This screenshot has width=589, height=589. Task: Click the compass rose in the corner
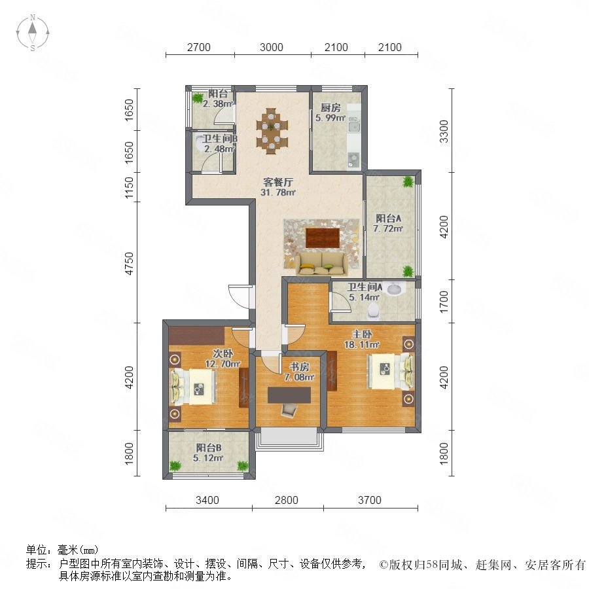(33, 33)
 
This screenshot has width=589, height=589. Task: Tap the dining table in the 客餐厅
(272, 131)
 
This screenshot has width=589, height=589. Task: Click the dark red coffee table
(323, 238)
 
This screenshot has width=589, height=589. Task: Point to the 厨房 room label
(330, 108)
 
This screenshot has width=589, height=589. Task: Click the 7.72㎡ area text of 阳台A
(388, 228)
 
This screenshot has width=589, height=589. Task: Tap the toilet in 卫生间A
(373, 310)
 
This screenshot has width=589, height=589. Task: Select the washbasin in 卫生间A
(394, 289)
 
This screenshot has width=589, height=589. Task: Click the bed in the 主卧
(390, 371)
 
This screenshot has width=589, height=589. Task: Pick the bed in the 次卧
(194, 387)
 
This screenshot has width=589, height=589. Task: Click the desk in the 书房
(289, 395)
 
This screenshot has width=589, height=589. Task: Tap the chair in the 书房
(289, 410)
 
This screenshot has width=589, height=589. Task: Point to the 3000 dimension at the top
(271, 47)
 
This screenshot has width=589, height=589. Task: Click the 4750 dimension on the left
(129, 264)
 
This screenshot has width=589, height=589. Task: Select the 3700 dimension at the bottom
(370, 500)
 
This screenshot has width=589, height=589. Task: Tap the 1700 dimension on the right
(444, 302)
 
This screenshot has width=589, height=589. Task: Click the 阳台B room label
(209, 448)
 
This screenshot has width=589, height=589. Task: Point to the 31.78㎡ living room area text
(278, 192)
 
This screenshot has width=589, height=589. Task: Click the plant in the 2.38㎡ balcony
(197, 98)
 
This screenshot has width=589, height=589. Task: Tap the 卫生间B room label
(220, 139)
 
